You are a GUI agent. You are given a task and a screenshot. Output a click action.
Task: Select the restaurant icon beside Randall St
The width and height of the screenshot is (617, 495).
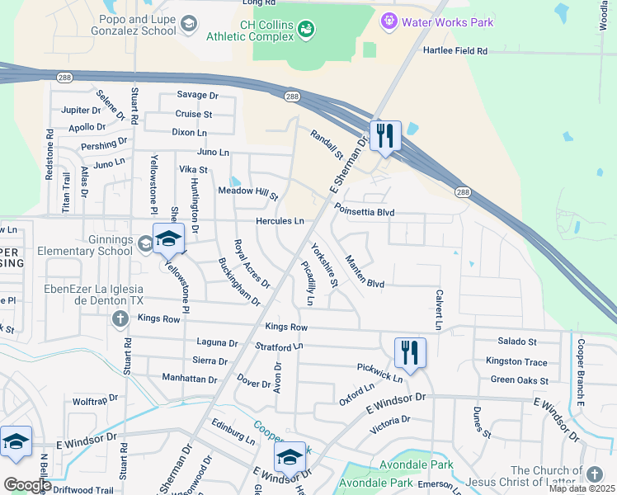(x=385, y=135)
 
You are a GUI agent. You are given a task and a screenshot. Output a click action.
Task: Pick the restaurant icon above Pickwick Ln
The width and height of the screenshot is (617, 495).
(x=410, y=352)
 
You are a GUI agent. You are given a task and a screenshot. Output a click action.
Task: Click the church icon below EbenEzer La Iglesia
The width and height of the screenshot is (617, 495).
(x=120, y=318)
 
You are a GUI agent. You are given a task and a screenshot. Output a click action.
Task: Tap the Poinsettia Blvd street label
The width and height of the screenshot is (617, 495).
(x=364, y=213)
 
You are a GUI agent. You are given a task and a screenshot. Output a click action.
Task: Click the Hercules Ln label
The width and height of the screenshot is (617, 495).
(x=280, y=221)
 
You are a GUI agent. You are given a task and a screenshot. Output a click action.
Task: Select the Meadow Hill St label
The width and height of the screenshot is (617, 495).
(x=247, y=191)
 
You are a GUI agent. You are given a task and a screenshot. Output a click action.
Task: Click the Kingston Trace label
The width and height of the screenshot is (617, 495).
(x=516, y=361)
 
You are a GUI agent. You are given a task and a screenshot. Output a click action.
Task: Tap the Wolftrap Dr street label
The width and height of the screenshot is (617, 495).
(x=97, y=402)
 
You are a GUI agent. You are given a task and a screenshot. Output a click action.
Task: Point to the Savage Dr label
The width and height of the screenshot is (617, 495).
(x=196, y=96)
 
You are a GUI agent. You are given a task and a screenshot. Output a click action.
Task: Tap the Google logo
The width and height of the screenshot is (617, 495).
(x=27, y=485)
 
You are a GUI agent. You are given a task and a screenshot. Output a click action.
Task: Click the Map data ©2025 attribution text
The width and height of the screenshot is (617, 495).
(x=582, y=488)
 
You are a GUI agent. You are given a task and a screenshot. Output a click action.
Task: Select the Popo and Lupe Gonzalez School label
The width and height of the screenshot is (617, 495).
(x=138, y=25)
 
